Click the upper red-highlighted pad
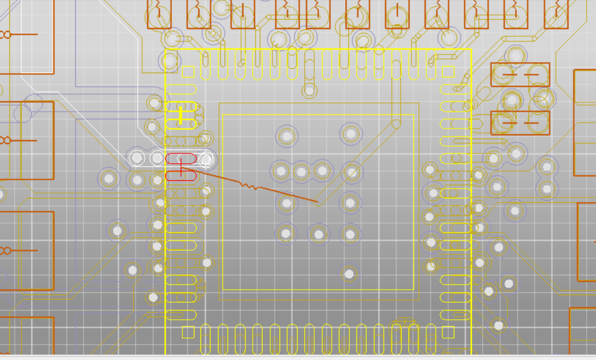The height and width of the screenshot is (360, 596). click(x=181, y=159)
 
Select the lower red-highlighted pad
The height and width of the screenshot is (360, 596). click(x=181, y=175)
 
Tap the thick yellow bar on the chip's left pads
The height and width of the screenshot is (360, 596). click(x=181, y=115)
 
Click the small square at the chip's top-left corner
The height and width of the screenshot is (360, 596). click(x=188, y=71)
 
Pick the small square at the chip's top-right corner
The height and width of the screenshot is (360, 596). click(x=448, y=71)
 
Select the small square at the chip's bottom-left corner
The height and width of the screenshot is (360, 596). click(x=188, y=332)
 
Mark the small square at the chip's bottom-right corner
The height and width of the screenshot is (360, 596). click(x=448, y=332)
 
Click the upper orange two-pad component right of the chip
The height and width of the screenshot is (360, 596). click(x=520, y=74)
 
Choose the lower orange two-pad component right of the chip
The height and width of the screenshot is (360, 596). click(x=520, y=123)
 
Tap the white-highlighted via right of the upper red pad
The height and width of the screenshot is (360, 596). click(x=205, y=159)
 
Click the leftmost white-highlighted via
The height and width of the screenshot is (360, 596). click(x=137, y=159)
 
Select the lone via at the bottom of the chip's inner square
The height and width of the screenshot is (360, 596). click(x=349, y=274)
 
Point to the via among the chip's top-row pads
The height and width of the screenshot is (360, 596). click(x=309, y=90)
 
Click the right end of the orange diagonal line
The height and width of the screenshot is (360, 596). click(x=318, y=202)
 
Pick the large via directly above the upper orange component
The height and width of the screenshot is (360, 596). click(x=516, y=55)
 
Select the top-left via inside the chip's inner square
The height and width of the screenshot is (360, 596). click(x=286, y=136)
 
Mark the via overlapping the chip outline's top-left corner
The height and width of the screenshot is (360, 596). click(x=169, y=60)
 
